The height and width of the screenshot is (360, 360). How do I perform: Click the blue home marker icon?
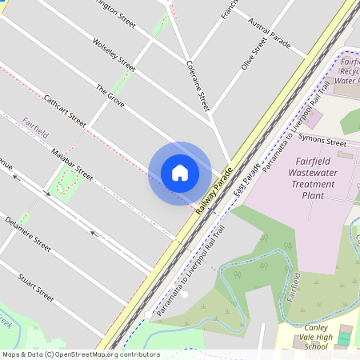179,173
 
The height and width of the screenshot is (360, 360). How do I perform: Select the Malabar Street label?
72,163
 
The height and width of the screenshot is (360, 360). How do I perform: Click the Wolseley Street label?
114,53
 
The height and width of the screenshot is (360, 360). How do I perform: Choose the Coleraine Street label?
197,84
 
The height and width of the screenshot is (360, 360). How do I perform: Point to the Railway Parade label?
214,191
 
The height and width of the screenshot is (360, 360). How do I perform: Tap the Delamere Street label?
28,234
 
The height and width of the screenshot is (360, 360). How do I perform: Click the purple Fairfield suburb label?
36,124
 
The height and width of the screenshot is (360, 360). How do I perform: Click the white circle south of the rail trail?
185,294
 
